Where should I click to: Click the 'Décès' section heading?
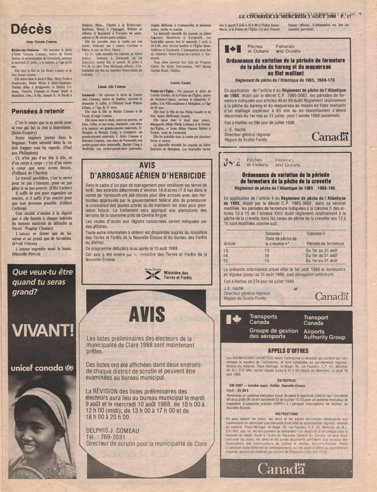coord(31,29)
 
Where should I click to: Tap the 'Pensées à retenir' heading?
coord(38,111)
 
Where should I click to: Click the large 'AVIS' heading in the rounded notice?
coord(147,313)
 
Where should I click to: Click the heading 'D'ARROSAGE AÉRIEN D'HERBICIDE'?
coord(147,176)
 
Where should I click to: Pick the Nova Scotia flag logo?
coord(153,275)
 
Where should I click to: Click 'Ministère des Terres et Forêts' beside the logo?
coord(178,275)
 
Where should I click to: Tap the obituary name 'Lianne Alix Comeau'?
coord(112,87)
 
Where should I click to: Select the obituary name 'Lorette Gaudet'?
coord(180,83)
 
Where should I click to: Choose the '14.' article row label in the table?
coord(226,256)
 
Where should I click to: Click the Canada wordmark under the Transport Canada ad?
coord(281,468)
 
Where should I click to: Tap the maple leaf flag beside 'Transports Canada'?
coord(234,320)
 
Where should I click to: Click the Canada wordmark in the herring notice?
coord(330,137)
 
